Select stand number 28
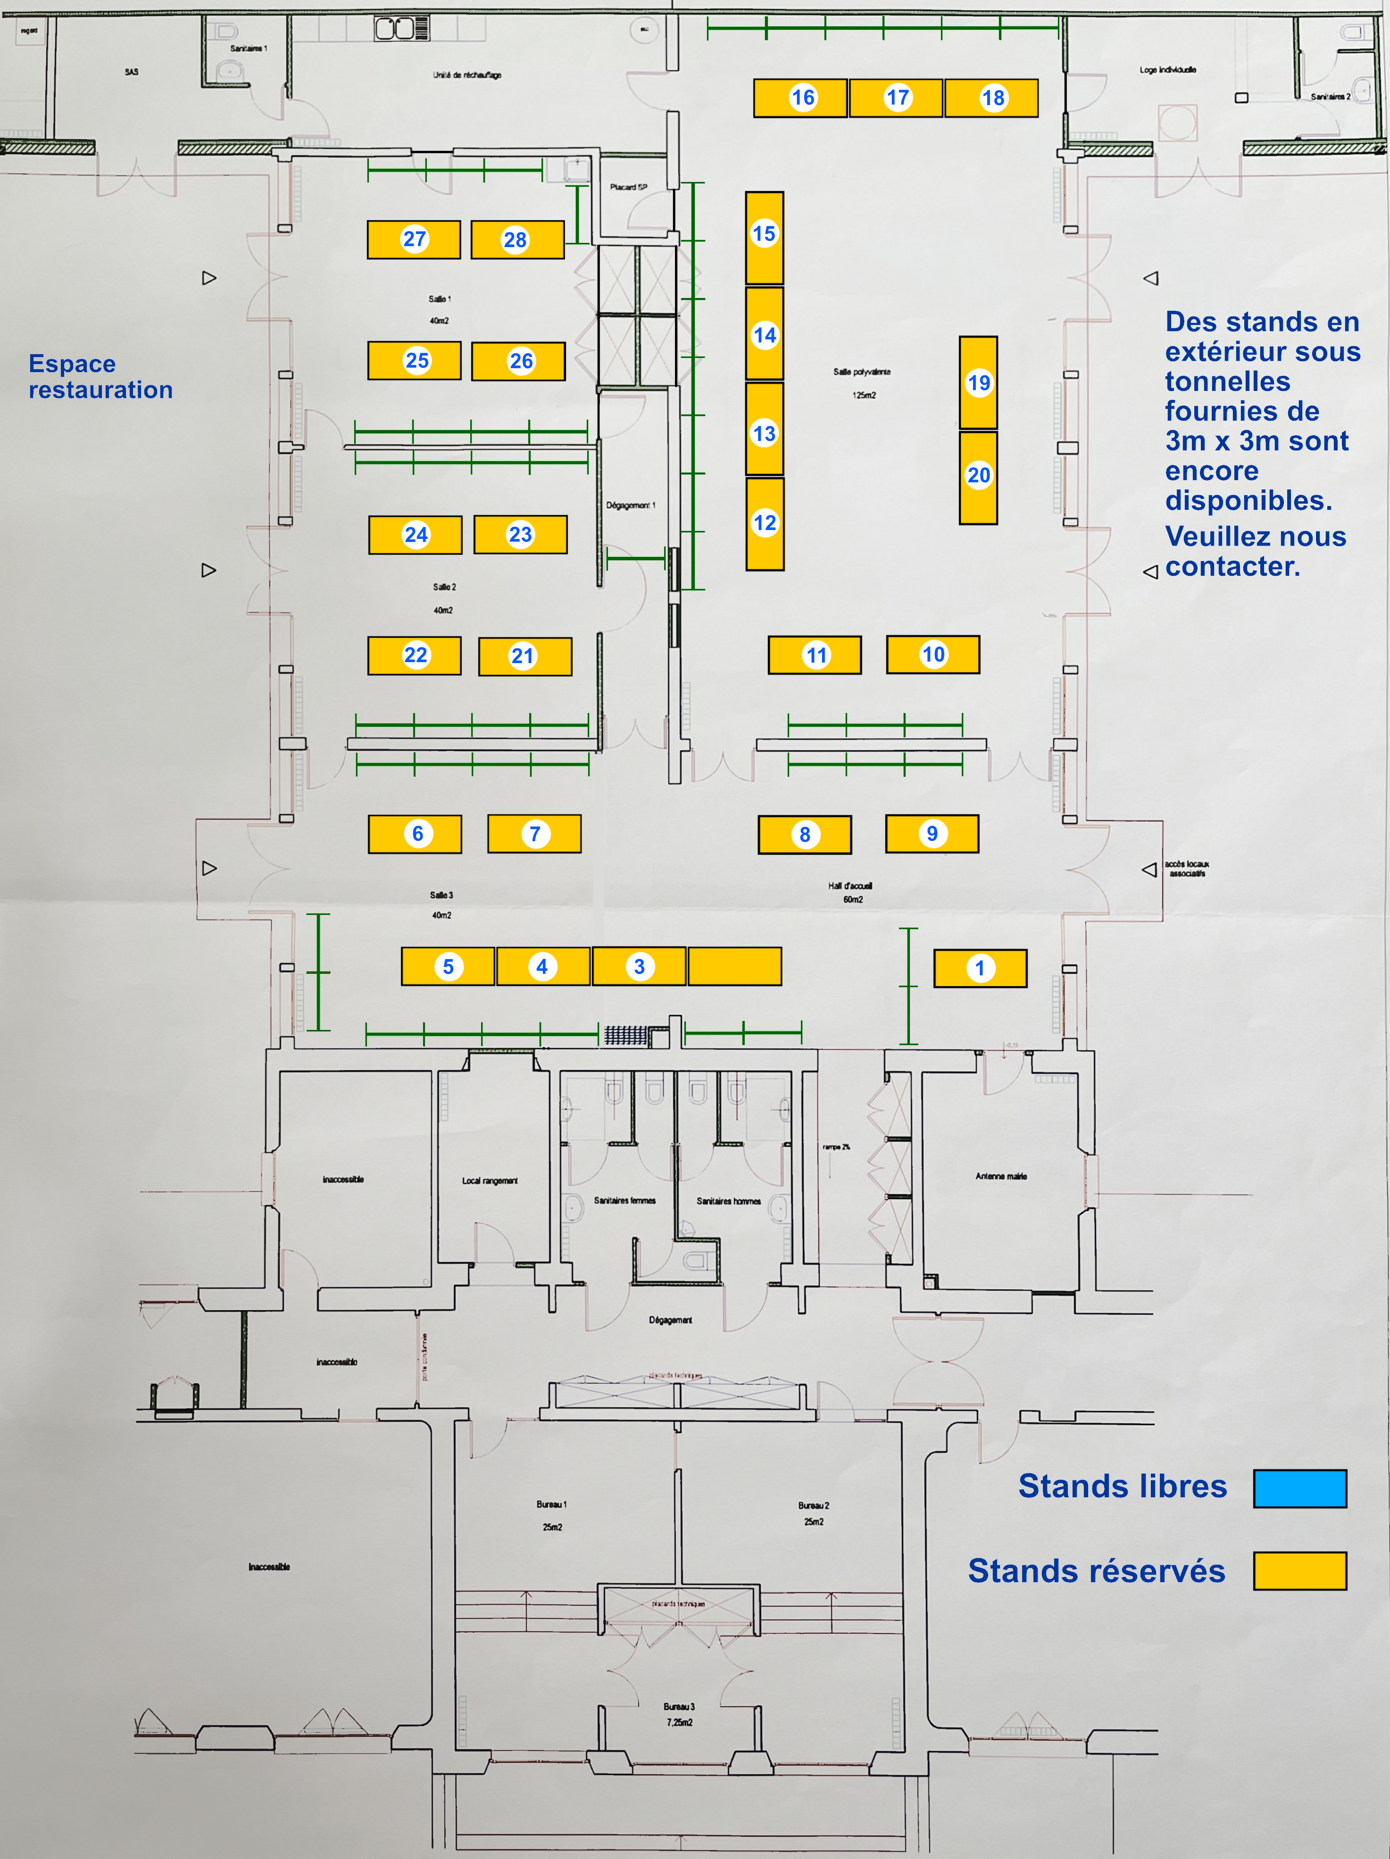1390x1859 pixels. pos(517,241)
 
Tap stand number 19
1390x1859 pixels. pos(978,383)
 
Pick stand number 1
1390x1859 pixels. pos(980,968)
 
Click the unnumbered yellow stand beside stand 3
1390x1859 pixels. pos(734,966)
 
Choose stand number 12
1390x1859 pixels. pos(765,523)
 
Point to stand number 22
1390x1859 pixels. pos(414,656)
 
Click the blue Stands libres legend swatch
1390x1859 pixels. pos(1299,1488)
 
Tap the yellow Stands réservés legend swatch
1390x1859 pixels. pos(1299,1571)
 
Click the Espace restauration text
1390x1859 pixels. pos(101,376)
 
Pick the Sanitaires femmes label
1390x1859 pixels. pos(624,1201)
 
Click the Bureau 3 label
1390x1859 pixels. pos(679,1707)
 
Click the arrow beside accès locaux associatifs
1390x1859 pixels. pos(1149,870)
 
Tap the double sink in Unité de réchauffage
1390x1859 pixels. pos(394,29)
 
